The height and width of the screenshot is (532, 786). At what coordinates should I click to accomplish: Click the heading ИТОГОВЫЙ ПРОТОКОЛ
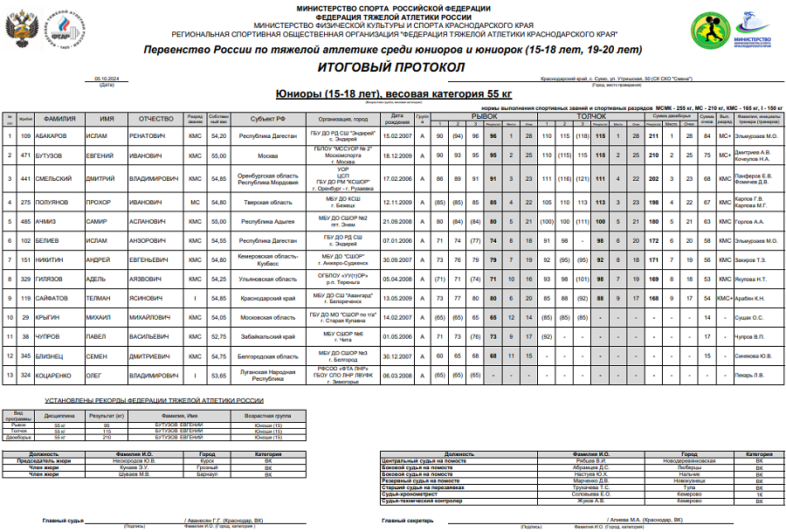pyautogui.click(x=391, y=67)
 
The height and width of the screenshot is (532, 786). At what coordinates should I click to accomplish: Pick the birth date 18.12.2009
pyautogui.click(x=397, y=155)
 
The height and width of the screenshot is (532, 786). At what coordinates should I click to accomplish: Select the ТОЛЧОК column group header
pyautogui.click(x=591, y=114)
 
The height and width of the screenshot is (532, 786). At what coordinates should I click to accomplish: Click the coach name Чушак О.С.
pyautogui.click(x=750, y=316)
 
